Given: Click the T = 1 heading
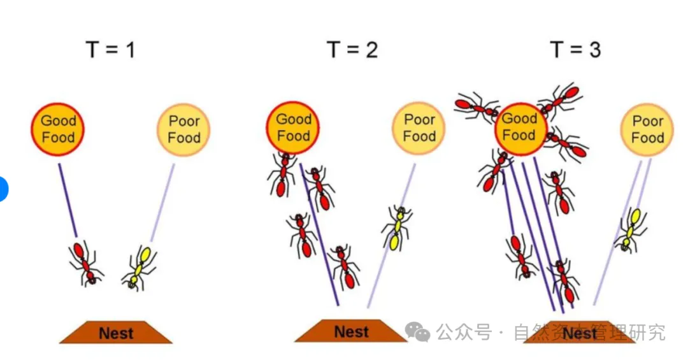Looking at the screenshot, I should point(110,49).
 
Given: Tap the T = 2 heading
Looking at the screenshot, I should point(352,49).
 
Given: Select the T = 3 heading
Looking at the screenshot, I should point(575,49).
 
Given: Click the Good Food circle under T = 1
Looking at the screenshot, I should point(58,129).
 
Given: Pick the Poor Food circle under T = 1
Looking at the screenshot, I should point(183,130).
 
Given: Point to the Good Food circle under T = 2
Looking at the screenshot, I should point(293,127).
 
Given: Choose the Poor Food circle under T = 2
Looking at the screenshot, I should point(419,128).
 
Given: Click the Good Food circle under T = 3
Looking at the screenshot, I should point(520,128).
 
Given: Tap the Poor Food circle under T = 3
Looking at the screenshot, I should point(647,130).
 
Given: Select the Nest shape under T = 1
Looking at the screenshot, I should point(116,333).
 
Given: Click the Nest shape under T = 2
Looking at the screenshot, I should point(351,331).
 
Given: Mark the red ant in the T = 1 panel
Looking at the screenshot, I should point(86,262).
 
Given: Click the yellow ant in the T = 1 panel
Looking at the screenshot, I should point(140,267).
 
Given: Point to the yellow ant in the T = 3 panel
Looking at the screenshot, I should point(631,229).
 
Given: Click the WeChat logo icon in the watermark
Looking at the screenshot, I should point(419,331).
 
